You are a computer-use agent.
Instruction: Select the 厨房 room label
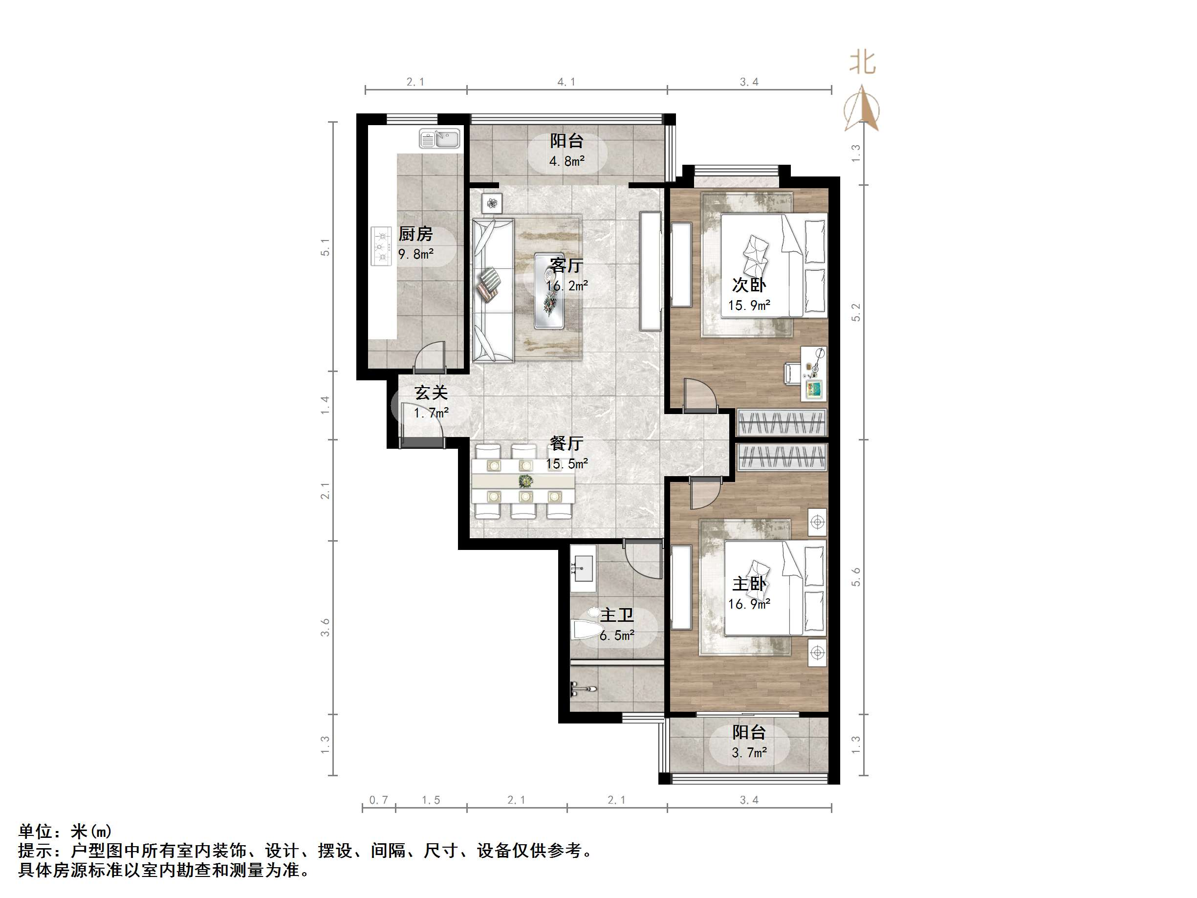tap(415, 234)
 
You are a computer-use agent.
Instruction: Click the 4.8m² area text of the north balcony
tap(566, 161)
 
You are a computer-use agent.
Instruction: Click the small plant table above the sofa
tap(492, 203)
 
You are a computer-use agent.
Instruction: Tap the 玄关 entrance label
tap(431, 393)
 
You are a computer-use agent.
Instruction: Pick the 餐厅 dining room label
tap(566, 443)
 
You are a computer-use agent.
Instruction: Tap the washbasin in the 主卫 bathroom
tap(582, 568)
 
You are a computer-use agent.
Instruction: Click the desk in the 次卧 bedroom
tap(813, 373)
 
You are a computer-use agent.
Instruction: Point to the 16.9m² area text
tap(749, 604)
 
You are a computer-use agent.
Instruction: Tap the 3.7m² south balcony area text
tap(749, 752)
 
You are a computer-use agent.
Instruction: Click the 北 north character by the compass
tap(862, 62)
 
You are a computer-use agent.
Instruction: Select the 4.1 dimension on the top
tap(566, 82)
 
